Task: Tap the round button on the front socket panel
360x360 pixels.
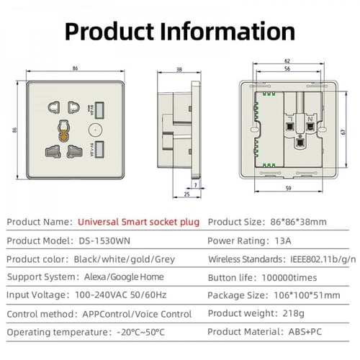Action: (x=95, y=130)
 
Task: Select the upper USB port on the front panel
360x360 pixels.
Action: (x=99, y=110)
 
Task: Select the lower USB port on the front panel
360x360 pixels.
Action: (x=99, y=149)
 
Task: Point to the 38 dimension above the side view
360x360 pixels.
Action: (x=179, y=70)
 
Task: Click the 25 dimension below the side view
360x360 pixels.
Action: (x=186, y=194)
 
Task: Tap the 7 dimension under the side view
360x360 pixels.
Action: (x=196, y=185)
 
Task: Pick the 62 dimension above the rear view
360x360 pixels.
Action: (x=287, y=61)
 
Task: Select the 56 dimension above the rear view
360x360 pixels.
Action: (x=287, y=68)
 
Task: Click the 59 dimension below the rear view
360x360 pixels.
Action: (x=289, y=189)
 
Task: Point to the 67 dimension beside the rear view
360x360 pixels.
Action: (x=343, y=132)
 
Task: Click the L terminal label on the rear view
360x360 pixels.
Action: (x=290, y=119)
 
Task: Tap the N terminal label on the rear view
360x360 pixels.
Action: (x=310, y=119)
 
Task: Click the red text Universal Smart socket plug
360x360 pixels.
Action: (x=138, y=222)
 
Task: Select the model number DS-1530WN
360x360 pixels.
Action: (x=104, y=240)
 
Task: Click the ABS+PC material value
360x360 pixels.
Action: (x=305, y=332)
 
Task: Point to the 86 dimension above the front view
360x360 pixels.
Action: (x=75, y=68)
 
